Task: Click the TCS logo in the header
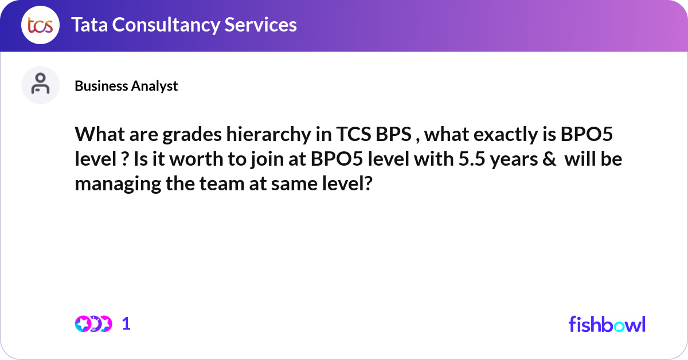(40, 25)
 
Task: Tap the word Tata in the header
(89, 25)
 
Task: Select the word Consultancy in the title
(166, 25)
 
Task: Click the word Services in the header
(260, 25)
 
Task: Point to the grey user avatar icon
(40, 85)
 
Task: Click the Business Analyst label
(126, 86)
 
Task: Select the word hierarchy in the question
(269, 135)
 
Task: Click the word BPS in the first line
(393, 134)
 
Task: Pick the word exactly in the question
(506, 135)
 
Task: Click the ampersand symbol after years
(549, 159)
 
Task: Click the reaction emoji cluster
(93, 324)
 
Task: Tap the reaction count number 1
(126, 324)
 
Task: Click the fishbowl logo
(607, 324)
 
